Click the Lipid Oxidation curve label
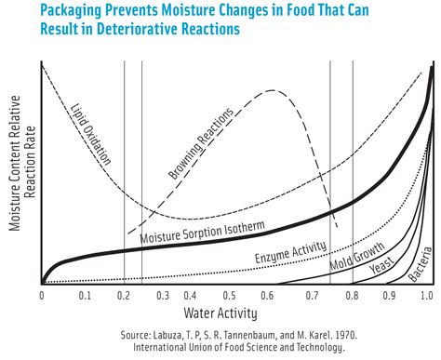click(x=91, y=136)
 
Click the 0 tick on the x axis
click(x=42, y=295)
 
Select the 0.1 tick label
click(x=84, y=295)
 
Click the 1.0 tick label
click(x=426, y=295)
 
